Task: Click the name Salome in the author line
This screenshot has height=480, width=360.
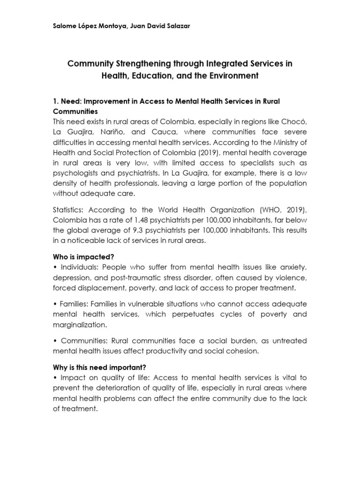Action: tap(64, 26)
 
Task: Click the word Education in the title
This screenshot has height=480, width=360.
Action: tap(146, 75)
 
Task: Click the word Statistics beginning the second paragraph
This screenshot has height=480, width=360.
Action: tap(69, 210)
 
